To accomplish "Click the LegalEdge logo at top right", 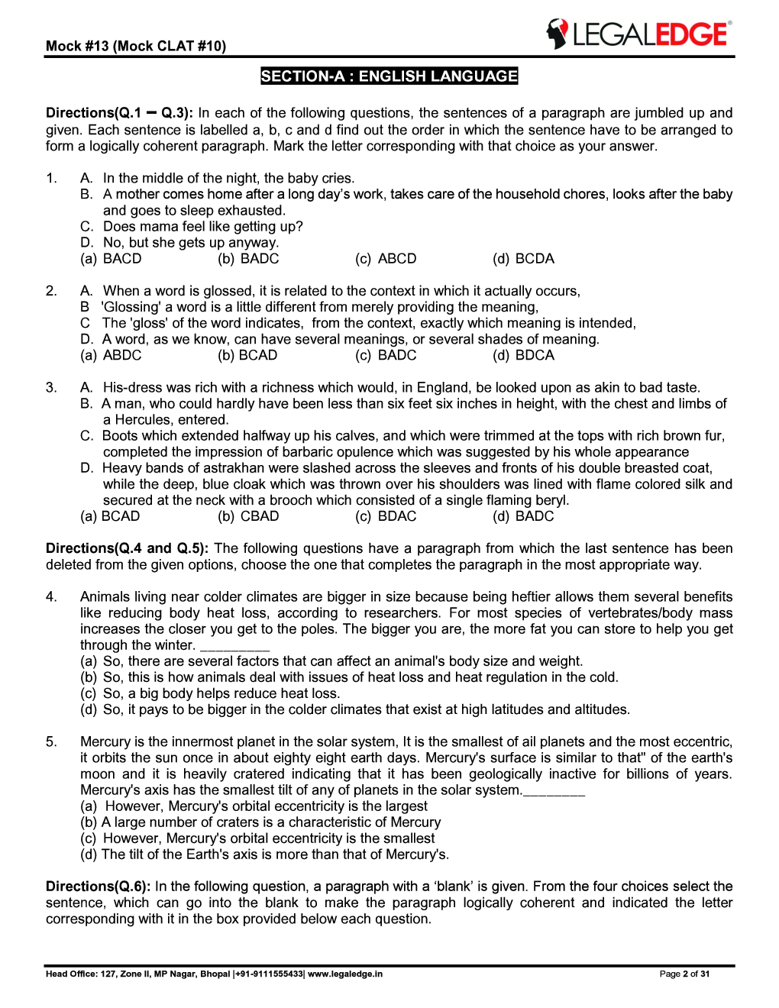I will [x=638, y=34].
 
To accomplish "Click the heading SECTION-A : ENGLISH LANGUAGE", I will [x=389, y=76].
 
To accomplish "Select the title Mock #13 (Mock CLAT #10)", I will [x=136, y=46].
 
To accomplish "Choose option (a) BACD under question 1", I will [x=112, y=259].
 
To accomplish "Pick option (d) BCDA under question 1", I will [x=524, y=259].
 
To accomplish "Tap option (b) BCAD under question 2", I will [x=248, y=355].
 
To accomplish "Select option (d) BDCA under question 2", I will [x=524, y=355].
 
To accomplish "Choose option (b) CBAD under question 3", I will [x=249, y=516].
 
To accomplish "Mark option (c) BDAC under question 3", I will [x=386, y=516].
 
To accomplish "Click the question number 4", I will [x=51, y=596].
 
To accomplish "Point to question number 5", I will [x=51, y=741].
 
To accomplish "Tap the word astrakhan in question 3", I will [x=234, y=468].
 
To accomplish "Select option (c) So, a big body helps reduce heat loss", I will [x=210, y=693].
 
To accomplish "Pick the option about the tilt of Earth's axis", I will [x=265, y=855].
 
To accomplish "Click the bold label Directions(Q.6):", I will [x=99, y=887].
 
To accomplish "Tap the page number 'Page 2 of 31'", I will [x=684, y=974].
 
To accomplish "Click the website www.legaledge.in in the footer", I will [x=345, y=974].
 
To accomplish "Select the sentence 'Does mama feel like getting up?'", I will [x=203, y=227].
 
